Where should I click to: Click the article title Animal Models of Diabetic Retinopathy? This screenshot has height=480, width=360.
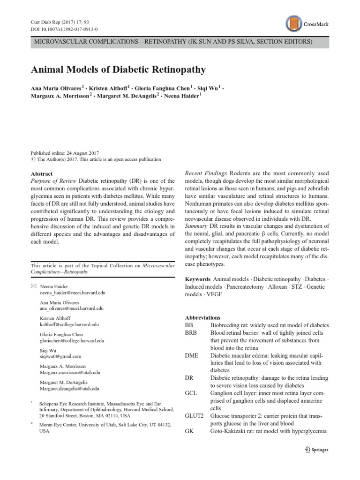[x=118, y=70]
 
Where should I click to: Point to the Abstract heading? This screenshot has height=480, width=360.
[x=41, y=173]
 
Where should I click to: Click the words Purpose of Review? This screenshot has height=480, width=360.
[x=53, y=181]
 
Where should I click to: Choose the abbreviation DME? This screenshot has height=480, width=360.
[x=192, y=355]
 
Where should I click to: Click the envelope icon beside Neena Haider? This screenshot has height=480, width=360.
[x=33, y=285]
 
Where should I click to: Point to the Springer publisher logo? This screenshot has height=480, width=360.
[x=316, y=450]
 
